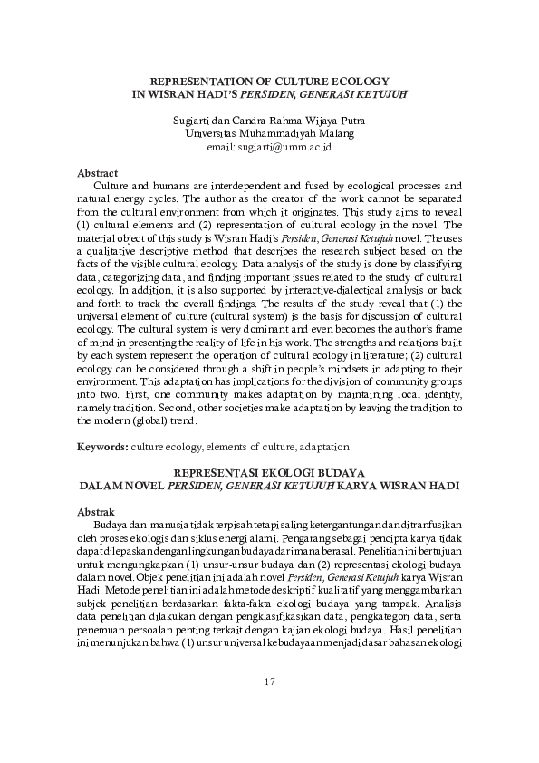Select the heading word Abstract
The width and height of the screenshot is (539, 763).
(x=98, y=171)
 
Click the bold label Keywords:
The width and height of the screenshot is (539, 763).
(x=102, y=447)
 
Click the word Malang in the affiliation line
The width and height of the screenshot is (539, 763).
(x=336, y=133)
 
